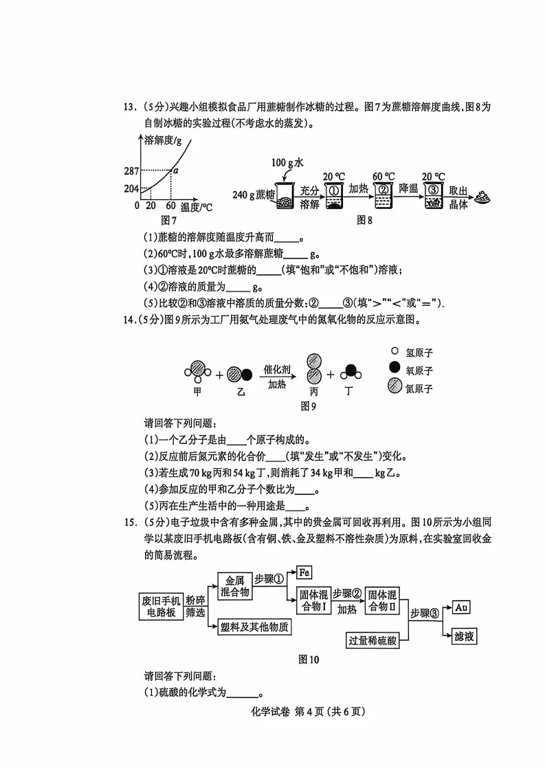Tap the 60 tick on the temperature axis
[x=170, y=206]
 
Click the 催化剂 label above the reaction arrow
[x=277, y=370]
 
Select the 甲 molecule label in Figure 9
[x=197, y=391]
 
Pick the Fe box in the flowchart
[x=304, y=571]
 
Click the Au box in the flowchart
[x=461, y=607]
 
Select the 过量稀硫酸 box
[x=372, y=640]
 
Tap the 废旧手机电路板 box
[x=159, y=604]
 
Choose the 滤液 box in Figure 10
[x=464, y=637]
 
